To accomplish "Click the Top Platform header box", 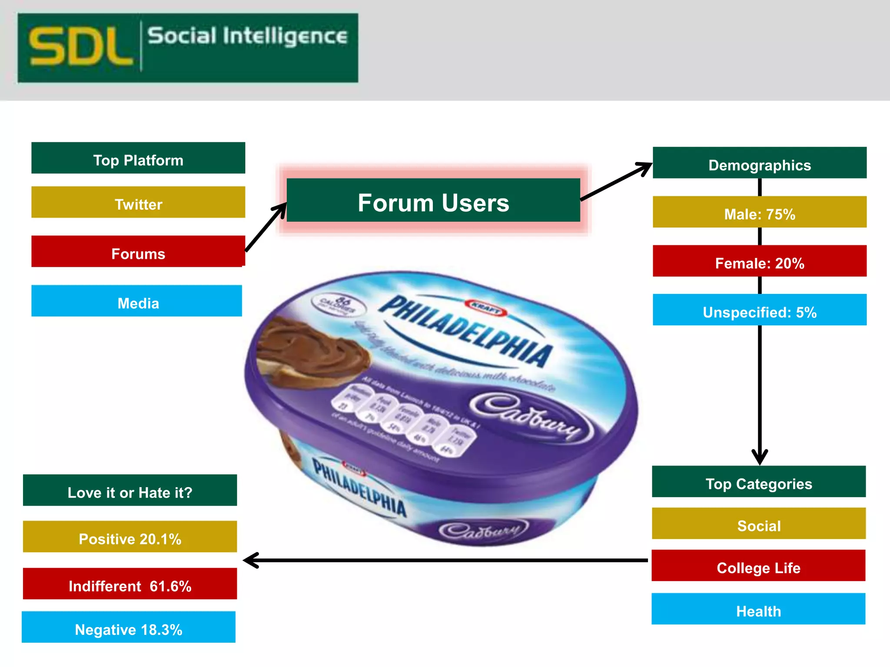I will click(138, 158).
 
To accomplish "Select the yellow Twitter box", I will click(138, 202).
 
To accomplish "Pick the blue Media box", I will click(136, 301).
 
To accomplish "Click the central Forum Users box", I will click(433, 200).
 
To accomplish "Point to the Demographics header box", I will click(759, 163).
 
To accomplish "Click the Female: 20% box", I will click(759, 261).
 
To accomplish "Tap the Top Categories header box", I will click(759, 482).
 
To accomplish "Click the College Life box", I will click(758, 565).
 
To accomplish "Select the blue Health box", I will click(758, 609).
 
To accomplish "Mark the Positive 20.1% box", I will click(130, 537).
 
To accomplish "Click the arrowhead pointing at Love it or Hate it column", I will click(250, 560).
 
